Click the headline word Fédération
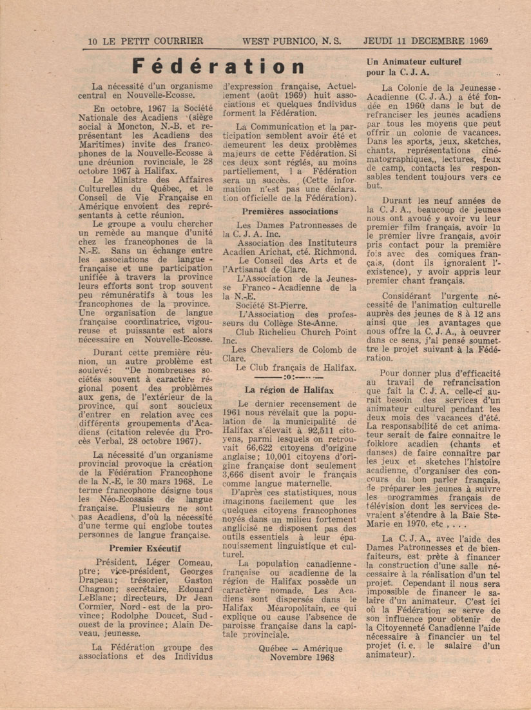pyautogui.click(x=218, y=66)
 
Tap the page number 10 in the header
pyautogui.click(x=93, y=41)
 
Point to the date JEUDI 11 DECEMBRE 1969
pyautogui.click(x=425, y=41)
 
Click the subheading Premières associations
pyautogui.click(x=289, y=211)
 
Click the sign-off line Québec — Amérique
pyautogui.click(x=300, y=648)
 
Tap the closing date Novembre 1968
pyautogui.click(x=300, y=657)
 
